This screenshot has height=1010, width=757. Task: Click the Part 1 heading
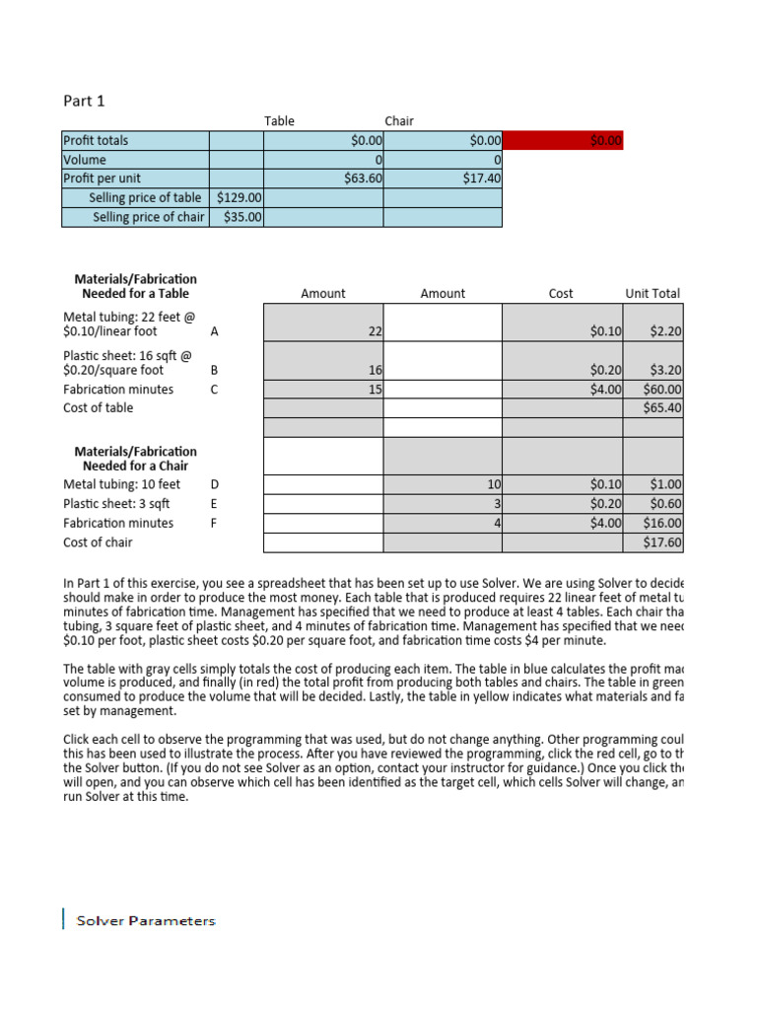coord(84,101)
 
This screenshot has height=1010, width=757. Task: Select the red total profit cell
coord(563,141)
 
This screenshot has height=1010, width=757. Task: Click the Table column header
coord(279,121)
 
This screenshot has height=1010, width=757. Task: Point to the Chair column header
coord(399,121)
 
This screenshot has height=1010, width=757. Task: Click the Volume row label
coord(85,160)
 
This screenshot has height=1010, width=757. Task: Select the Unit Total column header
coord(653,293)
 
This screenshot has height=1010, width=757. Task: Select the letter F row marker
coord(214,523)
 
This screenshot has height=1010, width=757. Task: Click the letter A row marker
coord(215,331)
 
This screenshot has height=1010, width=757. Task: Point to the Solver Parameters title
coord(142,920)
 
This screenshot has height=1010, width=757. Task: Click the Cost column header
coord(561,293)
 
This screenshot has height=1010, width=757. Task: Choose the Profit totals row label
coord(96,141)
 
